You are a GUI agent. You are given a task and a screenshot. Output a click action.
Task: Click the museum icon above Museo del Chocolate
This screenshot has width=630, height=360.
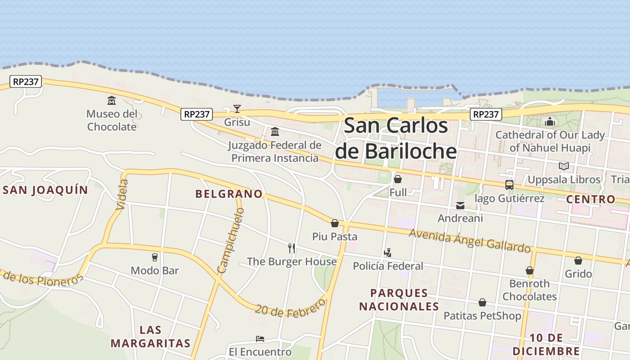pyautogui.click(x=111, y=100)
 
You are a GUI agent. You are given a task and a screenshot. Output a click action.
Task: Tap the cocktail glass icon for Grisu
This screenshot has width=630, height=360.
pyautogui.click(x=237, y=108)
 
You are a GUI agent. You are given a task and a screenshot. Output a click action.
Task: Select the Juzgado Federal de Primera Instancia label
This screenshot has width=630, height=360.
pyautogui.click(x=274, y=152)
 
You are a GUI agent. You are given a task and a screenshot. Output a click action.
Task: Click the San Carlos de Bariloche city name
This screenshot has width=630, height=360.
pyautogui.click(x=396, y=138)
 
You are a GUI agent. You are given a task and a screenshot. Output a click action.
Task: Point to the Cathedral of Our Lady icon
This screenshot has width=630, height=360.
pyautogui.click(x=549, y=121)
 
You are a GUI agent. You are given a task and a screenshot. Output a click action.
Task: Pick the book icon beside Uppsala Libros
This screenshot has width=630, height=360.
pyautogui.click(x=564, y=166)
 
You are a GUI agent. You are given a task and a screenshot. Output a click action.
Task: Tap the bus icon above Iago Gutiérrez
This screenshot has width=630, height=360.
pyautogui.click(x=509, y=185)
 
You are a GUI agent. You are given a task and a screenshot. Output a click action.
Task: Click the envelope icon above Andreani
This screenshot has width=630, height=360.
pyautogui.click(x=460, y=206)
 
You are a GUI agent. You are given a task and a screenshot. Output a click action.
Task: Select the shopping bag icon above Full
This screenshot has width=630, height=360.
pyautogui.click(x=398, y=179)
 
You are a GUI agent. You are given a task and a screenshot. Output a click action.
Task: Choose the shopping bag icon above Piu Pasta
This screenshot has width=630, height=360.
pyautogui.click(x=335, y=223)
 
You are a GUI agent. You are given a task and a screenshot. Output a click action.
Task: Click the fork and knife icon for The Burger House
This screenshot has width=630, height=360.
pyautogui.click(x=292, y=248)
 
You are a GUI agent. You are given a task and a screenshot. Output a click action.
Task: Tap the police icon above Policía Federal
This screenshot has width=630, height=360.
pyautogui.click(x=387, y=253)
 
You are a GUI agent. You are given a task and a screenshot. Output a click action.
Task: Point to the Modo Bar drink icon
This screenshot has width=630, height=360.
pyautogui.click(x=155, y=257)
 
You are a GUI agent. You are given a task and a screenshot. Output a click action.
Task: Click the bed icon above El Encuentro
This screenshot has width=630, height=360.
pyautogui.click(x=260, y=338)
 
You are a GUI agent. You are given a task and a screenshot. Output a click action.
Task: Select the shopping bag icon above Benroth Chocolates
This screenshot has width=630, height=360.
pyautogui.click(x=530, y=270)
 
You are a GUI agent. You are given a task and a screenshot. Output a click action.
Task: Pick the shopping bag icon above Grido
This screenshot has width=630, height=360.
pyautogui.click(x=578, y=261)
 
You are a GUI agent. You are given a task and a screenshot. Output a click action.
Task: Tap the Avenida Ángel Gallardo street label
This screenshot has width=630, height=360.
pyautogui.click(x=470, y=241)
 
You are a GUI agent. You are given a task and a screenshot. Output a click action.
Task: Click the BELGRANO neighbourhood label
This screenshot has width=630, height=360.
pyautogui.click(x=229, y=194)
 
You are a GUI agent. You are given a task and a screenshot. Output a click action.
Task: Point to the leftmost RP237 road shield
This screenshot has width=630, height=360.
pyautogui.click(x=26, y=81)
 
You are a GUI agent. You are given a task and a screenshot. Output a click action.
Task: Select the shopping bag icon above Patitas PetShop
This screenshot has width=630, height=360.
pyautogui.click(x=482, y=302)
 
